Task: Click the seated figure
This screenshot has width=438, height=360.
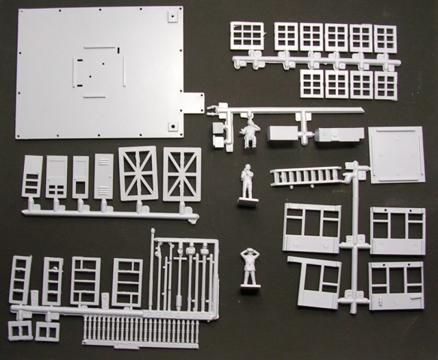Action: tap(250, 132)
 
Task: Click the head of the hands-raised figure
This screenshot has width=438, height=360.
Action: tap(248, 255)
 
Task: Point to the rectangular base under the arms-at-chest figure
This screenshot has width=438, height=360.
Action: tap(247, 203)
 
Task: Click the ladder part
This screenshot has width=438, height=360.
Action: tap(306, 176)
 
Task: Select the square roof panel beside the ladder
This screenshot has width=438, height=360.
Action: tap(396, 154)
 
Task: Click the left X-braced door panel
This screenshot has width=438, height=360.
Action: tap(139, 173)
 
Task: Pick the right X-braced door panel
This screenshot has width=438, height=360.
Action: tap(182, 175)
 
